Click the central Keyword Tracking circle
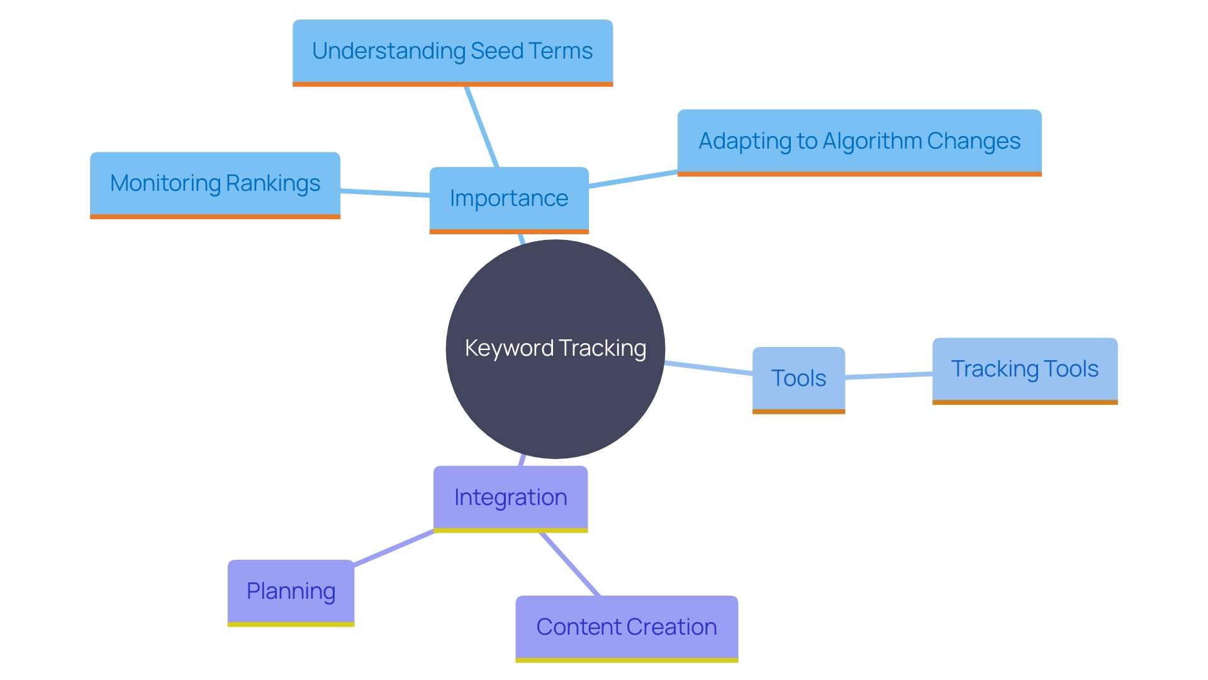(555, 348)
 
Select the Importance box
(509, 199)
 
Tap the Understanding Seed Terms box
(452, 52)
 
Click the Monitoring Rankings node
(215, 184)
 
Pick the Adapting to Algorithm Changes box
(859, 142)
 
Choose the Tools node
(798, 378)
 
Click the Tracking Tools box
(1025, 370)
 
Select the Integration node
(510, 497)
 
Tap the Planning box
(291, 591)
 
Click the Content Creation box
(627, 627)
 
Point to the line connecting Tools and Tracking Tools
(888, 376)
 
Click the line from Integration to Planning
(394, 548)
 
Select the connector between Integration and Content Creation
(570, 564)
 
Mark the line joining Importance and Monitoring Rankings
(385, 193)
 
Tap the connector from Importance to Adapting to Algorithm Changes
(633, 179)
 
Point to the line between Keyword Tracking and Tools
(708, 368)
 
